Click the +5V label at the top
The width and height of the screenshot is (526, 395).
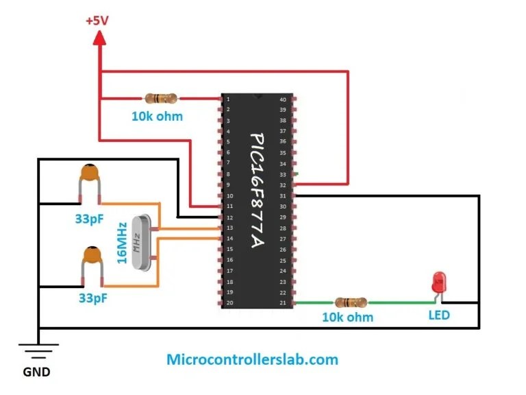click(x=97, y=21)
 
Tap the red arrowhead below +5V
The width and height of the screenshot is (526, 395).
click(x=100, y=40)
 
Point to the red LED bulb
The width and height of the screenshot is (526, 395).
click(x=438, y=282)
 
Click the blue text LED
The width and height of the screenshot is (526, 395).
click(x=439, y=316)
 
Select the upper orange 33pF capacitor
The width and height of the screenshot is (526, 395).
click(x=88, y=177)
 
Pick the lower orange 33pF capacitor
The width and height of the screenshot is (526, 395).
click(x=89, y=259)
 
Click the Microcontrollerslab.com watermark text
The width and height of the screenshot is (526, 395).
click(x=252, y=359)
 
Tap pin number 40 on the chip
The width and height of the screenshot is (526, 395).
click(x=283, y=100)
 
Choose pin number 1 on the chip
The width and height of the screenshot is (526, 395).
click(x=228, y=100)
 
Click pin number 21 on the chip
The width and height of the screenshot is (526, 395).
click(x=283, y=302)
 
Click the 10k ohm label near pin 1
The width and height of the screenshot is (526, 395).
click(x=157, y=117)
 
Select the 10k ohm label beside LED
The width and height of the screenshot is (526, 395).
click(x=348, y=318)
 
